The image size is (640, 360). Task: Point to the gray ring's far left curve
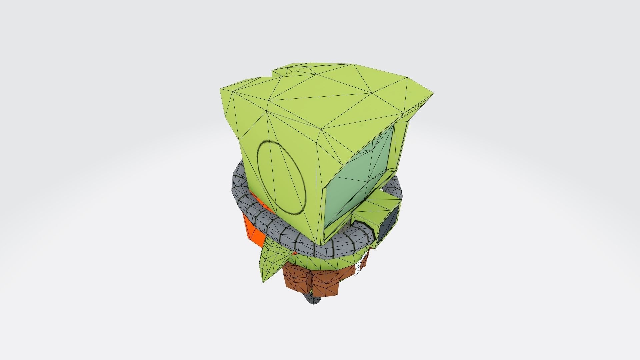(x=237, y=187)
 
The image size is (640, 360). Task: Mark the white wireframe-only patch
(x=360, y=267)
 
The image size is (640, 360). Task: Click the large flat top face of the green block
(x=333, y=100)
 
